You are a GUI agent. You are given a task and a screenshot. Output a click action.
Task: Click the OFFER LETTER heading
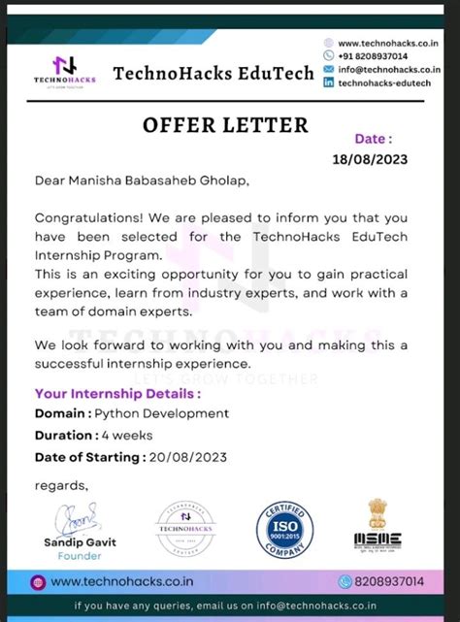coord(225,125)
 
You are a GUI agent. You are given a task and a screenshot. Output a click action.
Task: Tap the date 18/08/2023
coord(370,159)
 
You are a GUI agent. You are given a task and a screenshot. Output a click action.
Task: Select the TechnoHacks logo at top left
coord(65,71)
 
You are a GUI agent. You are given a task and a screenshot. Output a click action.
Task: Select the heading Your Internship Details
coord(117,394)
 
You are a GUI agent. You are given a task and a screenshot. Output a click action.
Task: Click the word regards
coord(61,485)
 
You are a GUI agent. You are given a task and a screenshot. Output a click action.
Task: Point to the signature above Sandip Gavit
coord(77,514)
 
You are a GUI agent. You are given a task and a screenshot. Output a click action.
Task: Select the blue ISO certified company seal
coord(284,528)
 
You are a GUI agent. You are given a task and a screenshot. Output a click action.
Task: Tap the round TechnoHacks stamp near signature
coord(184,528)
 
